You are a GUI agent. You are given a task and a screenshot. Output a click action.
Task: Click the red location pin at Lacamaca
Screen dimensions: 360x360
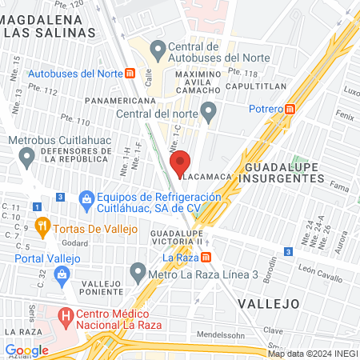[x=182, y=162]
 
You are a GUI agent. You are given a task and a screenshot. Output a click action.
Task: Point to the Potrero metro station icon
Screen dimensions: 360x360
[x=291, y=109]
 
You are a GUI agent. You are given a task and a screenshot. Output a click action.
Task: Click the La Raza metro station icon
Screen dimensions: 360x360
[x=206, y=258]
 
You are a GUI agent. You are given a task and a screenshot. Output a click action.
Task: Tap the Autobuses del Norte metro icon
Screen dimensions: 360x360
[x=130, y=73]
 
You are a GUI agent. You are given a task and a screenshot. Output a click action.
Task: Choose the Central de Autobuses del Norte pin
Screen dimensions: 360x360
[x=156, y=50]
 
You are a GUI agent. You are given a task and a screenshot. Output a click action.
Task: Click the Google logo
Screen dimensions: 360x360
[x=26, y=350]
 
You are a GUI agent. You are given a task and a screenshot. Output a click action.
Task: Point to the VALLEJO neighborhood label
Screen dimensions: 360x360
[x=268, y=303]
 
